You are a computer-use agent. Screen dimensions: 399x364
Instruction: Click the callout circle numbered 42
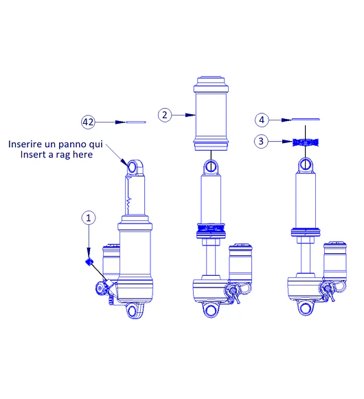(x=88, y=122)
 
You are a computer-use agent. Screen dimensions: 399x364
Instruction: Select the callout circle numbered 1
(x=89, y=217)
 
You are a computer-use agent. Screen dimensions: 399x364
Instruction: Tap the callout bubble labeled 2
(x=164, y=115)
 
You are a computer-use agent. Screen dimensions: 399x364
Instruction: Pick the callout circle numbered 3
(x=261, y=141)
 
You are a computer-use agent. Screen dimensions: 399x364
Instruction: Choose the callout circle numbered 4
(x=261, y=120)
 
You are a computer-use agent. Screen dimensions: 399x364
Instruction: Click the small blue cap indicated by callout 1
(x=89, y=261)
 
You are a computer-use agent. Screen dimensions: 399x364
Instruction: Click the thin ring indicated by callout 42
(x=137, y=122)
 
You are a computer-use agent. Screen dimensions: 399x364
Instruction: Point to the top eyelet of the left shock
(x=132, y=166)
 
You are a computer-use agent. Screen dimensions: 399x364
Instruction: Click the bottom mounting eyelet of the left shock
(x=133, y=312)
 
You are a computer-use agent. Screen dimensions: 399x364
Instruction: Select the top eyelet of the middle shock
(x=211, y=166)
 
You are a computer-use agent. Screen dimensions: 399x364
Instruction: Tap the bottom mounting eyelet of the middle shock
(x=210, y=310)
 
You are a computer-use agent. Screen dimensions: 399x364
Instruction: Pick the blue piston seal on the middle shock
(x=211, y=229)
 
